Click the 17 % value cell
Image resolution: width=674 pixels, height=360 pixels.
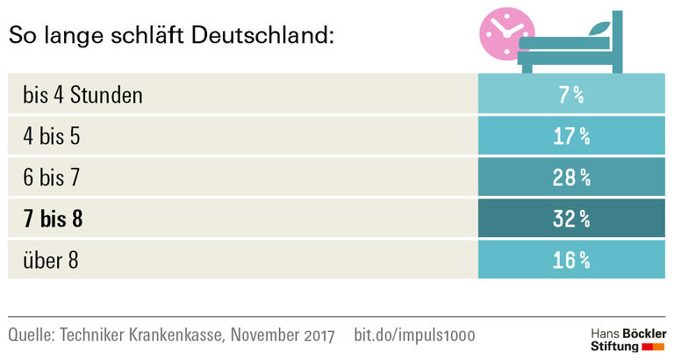point(571,136)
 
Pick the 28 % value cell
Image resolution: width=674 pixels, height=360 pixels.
point(571,177)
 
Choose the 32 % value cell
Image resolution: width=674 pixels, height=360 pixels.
point(571,219)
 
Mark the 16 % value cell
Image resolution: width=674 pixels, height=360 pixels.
point(571,260)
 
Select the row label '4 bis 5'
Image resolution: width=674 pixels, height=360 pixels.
point(53,136)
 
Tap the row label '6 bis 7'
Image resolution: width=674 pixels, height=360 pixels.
point(53,177)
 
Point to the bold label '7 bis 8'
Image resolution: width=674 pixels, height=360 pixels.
point(54,219)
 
